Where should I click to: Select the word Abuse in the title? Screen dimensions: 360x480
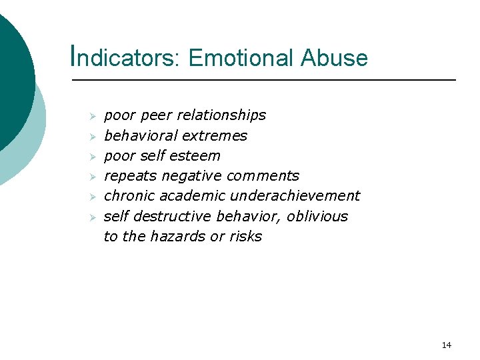(334, 57)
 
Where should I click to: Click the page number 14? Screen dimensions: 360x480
(446, 345)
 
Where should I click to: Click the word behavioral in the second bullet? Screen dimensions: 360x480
(137, 136)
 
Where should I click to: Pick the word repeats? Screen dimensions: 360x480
(131, 176)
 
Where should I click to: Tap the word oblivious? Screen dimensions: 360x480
(320, 216)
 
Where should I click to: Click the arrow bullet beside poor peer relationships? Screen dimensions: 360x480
(93, 116)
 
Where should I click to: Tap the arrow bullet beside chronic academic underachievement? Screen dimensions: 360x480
(93, 197)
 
